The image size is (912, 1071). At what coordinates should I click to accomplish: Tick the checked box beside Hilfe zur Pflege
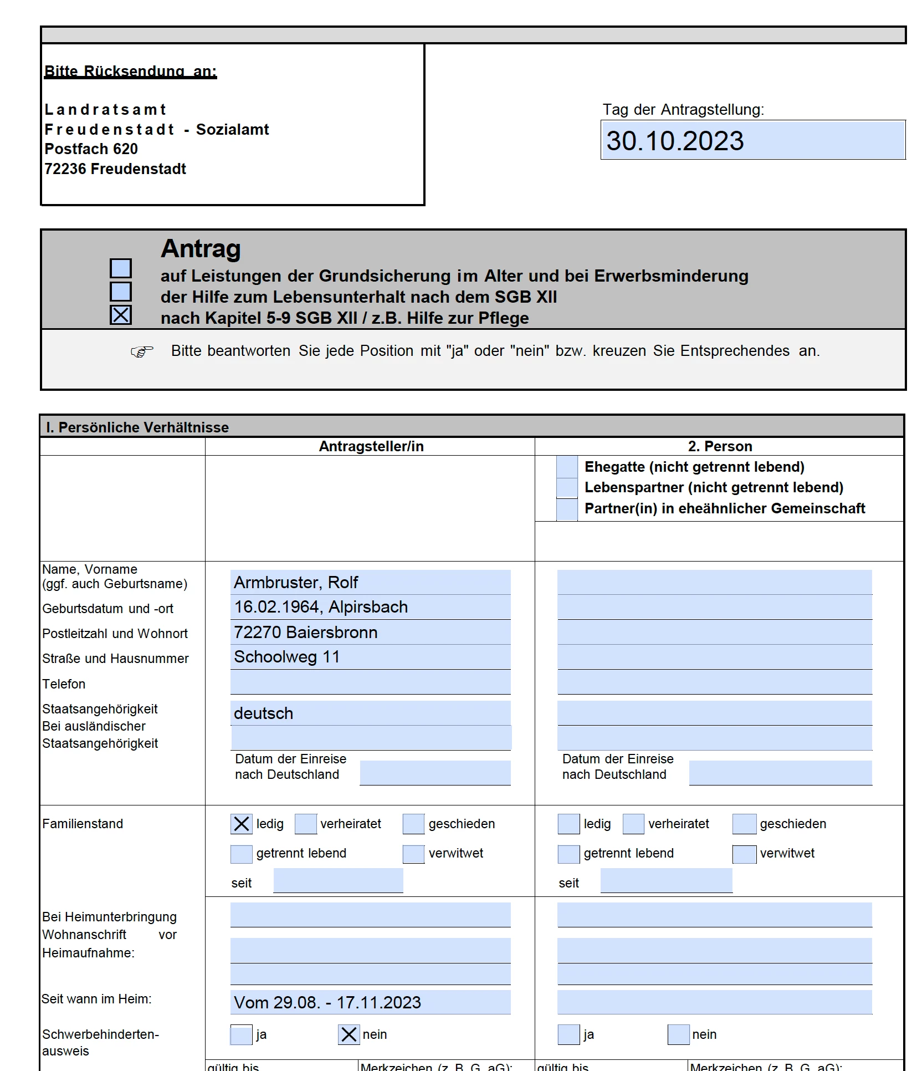[121, 315]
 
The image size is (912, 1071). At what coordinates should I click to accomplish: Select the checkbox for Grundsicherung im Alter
[121, 268]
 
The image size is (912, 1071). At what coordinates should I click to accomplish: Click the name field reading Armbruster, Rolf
[370, 582]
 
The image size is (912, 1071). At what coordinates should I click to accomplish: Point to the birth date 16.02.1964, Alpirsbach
[370, 607]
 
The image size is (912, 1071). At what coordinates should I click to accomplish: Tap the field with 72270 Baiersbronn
[370, 632]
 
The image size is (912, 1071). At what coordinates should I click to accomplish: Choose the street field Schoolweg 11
[370, 657]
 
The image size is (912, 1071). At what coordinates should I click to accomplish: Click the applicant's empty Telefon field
[370, 682]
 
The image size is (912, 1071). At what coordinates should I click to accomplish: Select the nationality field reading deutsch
[370, 713]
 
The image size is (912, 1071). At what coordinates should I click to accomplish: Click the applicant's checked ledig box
[241, 824]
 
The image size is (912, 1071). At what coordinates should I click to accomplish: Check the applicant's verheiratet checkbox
[305, 824]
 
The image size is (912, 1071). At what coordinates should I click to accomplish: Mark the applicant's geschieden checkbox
[413, 824]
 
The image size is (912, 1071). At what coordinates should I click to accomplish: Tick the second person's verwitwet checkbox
[744, 854]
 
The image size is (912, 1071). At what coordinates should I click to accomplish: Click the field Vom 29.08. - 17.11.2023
[370, 1002]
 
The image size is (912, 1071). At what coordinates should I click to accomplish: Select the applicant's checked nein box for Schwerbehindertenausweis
[349, 1034]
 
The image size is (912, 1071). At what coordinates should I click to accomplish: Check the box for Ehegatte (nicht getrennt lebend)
[567, 467]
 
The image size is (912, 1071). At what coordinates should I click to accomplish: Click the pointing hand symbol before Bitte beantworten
[142, 351]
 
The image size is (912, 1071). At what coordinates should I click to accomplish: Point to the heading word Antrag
[201, 248]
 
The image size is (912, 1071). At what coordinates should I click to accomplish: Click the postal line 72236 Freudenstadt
[115, 169]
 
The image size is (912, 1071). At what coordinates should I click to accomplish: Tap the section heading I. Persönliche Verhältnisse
[137, 427]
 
